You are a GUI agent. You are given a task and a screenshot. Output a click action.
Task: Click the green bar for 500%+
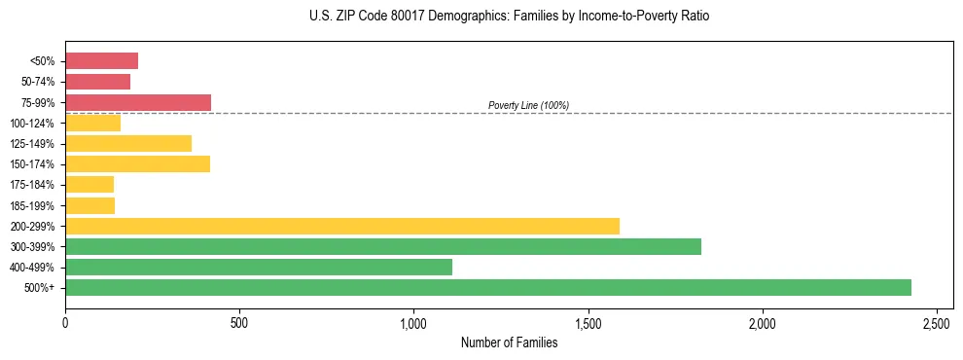[487, 287]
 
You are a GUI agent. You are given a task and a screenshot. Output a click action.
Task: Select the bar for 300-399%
[382, 246]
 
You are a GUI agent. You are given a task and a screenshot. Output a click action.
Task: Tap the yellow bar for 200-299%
[341, 226]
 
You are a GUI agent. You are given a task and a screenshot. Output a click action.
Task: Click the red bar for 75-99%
[137, 102]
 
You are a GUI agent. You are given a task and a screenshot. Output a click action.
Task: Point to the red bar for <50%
[101, 61]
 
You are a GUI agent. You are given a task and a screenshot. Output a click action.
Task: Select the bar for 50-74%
[97, 82]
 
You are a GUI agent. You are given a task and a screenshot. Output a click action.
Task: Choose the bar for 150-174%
[137, 163]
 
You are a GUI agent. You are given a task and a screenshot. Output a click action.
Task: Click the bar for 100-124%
[92, 123]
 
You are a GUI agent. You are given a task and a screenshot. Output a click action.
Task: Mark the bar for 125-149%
[127, 143]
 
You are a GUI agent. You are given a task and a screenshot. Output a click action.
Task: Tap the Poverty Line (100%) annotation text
[528, 105]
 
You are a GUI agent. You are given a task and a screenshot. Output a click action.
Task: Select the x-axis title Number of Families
[509, 342]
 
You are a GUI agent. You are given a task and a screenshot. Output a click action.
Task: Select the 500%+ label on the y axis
[42, 288]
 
